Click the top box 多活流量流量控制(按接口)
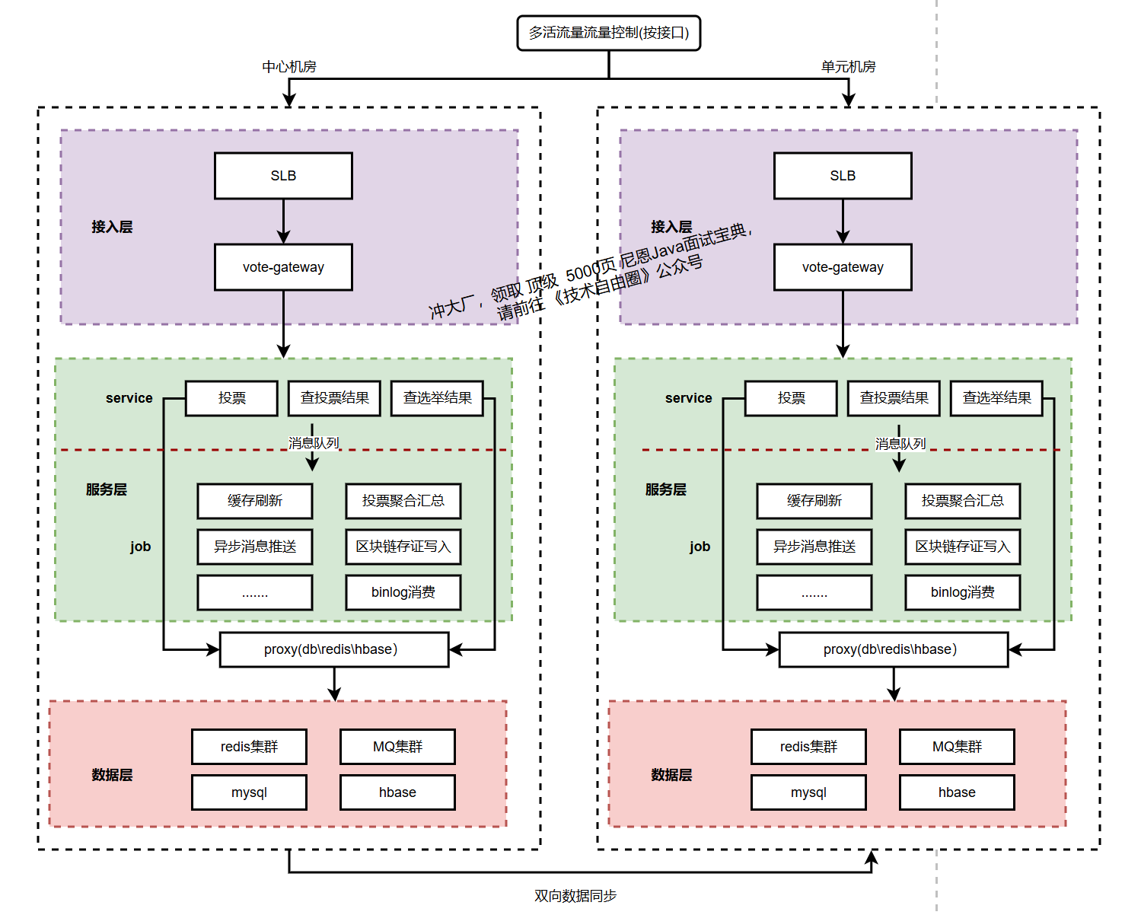click(x=608, y=33)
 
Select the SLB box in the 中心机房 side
click(x=283, y=176)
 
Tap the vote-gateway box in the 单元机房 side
click(x=843, y=267)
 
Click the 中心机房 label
click(x=289, y=67)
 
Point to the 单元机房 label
click(x=848, y=67)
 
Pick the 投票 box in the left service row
click(x=231, y=398)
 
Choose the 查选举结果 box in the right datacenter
click(x=996, y=398)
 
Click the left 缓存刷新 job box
click(x=254, y=501)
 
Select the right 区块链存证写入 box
click(x=962, y=547)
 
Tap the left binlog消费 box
click(x=403, y=592)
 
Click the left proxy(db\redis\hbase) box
click(x=333, y=649)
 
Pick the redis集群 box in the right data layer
click(x=808, y=747)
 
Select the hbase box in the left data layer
click(x=397, y=792)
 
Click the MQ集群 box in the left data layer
click(x=397, y=747)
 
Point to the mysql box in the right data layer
click(x=808, y=792)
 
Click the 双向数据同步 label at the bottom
click(x=575, y=896)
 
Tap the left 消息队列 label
click(x=314, y=443)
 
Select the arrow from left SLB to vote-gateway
click(x=283, y=222)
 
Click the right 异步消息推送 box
click(x=814, y=547)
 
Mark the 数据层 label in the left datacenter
click(x=112, y=775)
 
